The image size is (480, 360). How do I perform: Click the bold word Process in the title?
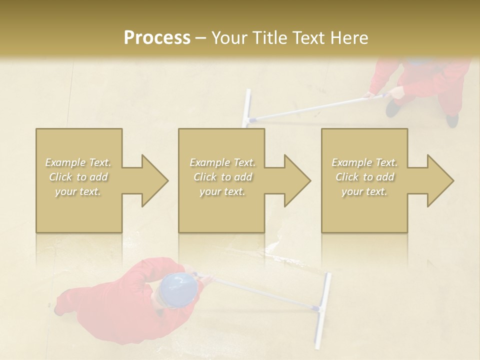[157, 38]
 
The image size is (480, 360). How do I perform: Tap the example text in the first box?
[78, 177]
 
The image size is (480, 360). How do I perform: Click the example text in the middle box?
[222, 177]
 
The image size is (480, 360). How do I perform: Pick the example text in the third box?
[364, 177]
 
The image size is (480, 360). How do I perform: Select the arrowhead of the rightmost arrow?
[439, 180]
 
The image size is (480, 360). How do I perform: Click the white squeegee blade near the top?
[247, 108]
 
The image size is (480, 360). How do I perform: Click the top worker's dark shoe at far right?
[452, 120]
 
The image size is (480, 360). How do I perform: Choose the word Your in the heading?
[228, 38]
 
